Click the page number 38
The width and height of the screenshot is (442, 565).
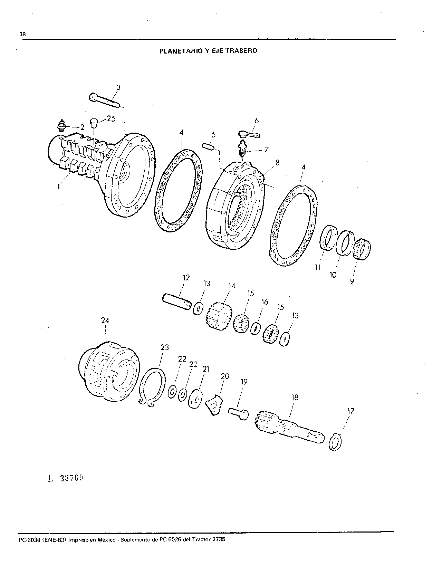[22, 34]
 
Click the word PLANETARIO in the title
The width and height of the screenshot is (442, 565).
[180, 51]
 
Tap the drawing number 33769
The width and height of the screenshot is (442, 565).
[71, 478]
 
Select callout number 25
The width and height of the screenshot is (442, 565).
[111, 119]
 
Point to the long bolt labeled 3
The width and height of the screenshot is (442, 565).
[104, 101]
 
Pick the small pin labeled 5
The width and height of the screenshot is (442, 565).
[208, 147]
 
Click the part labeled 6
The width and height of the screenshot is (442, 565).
[249, 135]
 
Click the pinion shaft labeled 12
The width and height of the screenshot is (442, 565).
[177, 301]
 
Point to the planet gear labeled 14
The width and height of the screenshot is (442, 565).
[220, 316]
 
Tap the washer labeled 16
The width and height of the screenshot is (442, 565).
[256, 329]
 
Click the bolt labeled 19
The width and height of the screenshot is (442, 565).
[238, 413]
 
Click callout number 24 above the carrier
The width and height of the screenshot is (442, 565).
[105, 320]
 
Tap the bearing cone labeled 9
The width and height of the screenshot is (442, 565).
[362, 249]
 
